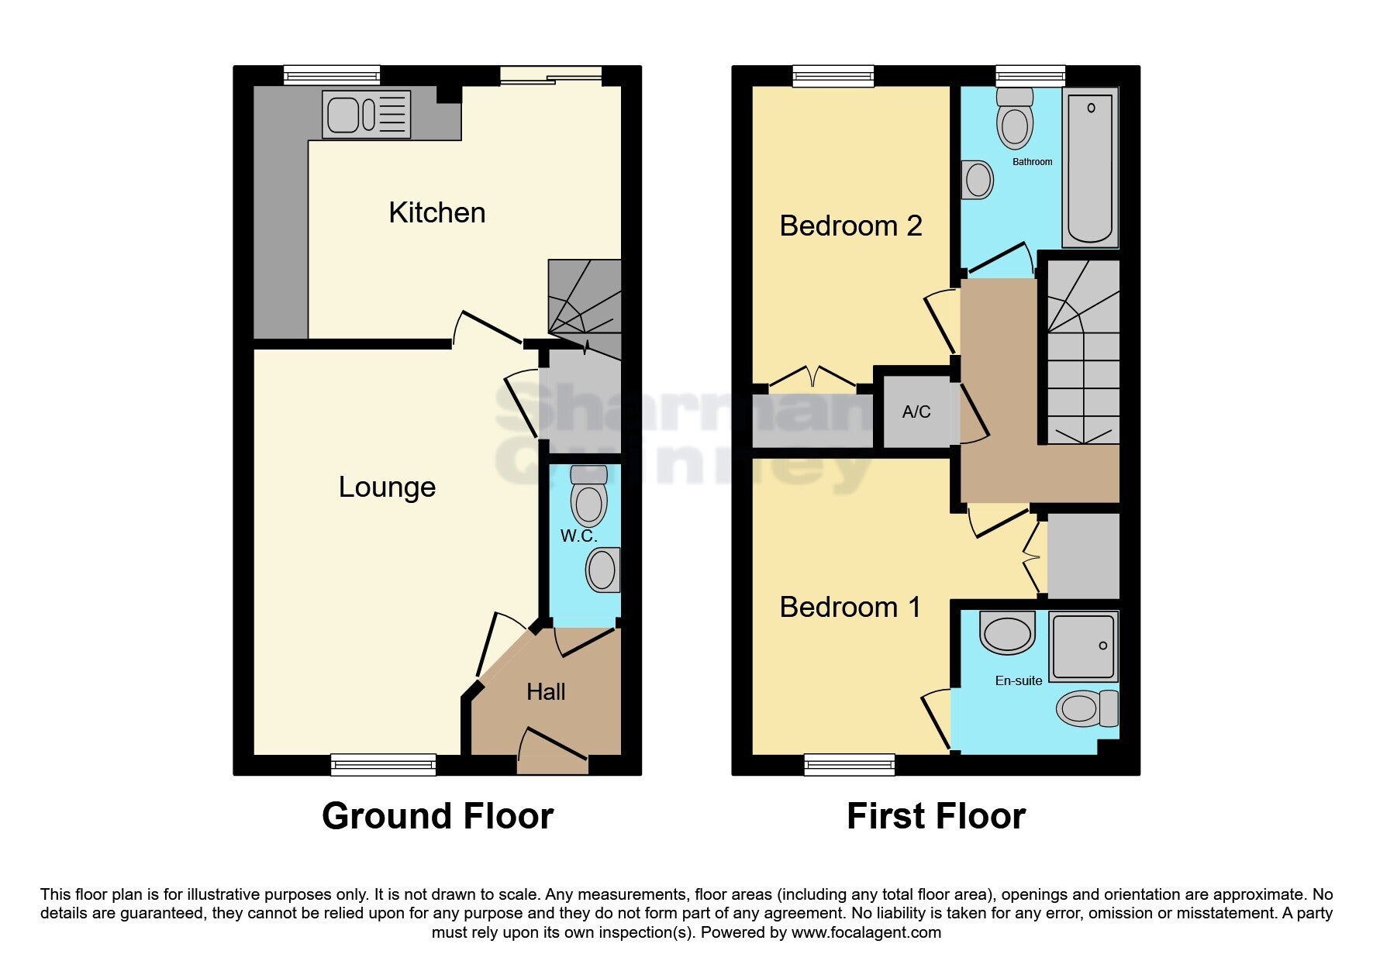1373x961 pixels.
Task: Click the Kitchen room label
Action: tap(437, 212)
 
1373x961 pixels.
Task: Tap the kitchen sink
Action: tap(367, 115)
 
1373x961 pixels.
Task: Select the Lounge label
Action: tap(387, 487)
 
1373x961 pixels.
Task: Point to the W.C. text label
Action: tap(579, 536)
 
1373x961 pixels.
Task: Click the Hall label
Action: tap(546, 691)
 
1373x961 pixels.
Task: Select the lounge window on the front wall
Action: tap(384, 765)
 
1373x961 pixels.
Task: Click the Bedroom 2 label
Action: tap(850, 226)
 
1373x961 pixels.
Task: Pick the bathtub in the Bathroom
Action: tap(1091, 167)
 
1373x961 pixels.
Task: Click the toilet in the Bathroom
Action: tap(1015, 118)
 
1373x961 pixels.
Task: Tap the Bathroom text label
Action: tap(1032, 162)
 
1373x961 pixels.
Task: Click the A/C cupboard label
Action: tap(916, 412)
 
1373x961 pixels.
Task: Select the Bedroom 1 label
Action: tap(850, 607)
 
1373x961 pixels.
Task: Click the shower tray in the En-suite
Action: tap(1084, 646)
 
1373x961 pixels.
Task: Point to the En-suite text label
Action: tap(1019, 680)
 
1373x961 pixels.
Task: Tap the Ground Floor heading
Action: tap(437, 816)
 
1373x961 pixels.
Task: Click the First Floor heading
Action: tap(936, 816)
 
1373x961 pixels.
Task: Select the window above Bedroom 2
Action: tap(833, 75)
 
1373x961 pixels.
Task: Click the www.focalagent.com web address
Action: tap(866, 932)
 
